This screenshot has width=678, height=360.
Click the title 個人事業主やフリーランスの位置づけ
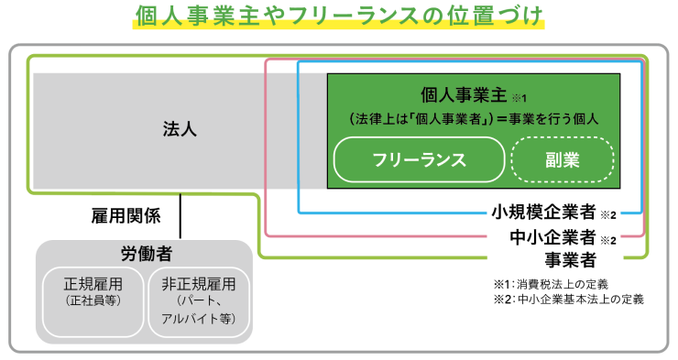pos(338,17)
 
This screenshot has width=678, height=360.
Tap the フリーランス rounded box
pos(419,159)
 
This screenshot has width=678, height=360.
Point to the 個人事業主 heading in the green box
pos(465,94)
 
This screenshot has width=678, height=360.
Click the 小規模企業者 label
pos(543,213)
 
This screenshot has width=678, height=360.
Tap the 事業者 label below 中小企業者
pos(570,258)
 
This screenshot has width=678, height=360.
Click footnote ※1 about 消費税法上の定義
pos(551,283)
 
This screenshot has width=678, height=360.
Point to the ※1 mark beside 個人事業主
pos(519,97)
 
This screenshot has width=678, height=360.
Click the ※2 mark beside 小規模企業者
pos(608,216)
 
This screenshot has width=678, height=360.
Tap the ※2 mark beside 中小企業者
pos(608,240)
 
